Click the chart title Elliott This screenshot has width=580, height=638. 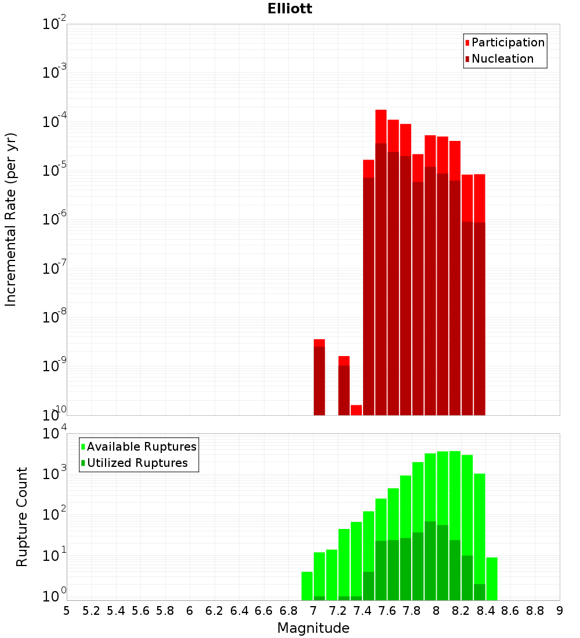coord(290,9)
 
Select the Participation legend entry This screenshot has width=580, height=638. coord(507,42)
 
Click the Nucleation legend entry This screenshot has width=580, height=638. coord(502,59)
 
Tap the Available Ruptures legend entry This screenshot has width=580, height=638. coord(141,447)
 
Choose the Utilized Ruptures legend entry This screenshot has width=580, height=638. coord(137,463)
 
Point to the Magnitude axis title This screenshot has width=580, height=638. coord(313,628)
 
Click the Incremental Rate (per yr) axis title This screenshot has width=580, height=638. coord(10,219)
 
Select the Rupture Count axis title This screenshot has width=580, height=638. coord(22,516)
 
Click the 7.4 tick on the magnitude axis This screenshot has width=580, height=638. coord(362,611)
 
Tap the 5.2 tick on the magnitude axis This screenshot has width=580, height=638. coord(92,611)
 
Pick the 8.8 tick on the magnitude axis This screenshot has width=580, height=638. coord(535,611)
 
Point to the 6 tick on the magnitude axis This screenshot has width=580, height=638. coord(190,611)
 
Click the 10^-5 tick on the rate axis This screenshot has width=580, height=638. coord(55,171)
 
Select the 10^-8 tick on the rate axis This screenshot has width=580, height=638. coord(55,317)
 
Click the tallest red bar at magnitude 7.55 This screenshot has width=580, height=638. coord(381,261)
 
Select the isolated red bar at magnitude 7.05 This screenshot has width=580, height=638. coord(319,377)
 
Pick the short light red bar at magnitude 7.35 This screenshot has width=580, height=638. coord(356,409)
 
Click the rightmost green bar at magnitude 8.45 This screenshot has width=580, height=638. coord(492,579)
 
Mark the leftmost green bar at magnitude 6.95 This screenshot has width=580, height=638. coord(307,586)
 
